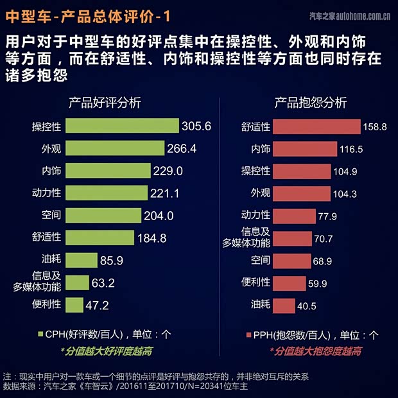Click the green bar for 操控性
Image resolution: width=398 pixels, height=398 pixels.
pos(122,126)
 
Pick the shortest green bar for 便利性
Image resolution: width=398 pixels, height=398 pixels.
pos(74,304)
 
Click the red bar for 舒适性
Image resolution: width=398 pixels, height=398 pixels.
pos(315,126)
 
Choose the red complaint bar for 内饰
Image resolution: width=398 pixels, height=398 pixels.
pos(304,149)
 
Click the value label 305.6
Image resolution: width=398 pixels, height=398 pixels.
pos(196,126)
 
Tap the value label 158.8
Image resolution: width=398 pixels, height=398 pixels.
pos(375,127)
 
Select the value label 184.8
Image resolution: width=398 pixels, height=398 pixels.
pos(151,238)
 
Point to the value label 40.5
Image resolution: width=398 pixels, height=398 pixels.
pos(306,306)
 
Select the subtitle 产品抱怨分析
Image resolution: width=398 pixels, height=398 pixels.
pos(311,103)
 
